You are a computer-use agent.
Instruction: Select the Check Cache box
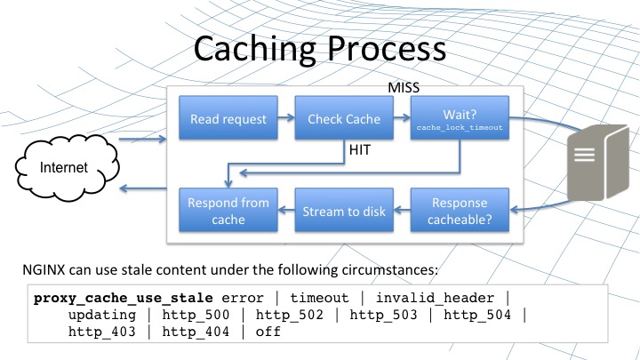click(x=343, y=119)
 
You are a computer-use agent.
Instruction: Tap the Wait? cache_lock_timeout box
click(x=460, y=119)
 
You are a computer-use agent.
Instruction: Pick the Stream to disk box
click(x=343, y=211)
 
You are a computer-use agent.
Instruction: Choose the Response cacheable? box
click(x=460, y=211)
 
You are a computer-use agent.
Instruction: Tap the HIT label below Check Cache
click(x=360, y=152)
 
